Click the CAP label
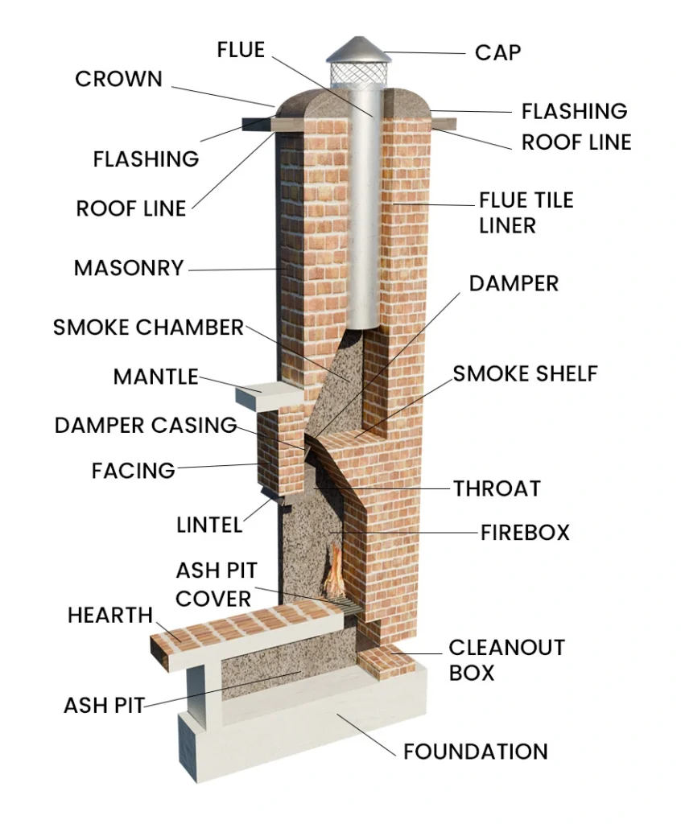[x=497, y=53]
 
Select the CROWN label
[x=118, y=79]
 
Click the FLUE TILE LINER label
[x=526, y=212]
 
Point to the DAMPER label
[x=514, y=283]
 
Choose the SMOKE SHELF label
[x=525, y=373]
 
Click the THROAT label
[x=496, y=488]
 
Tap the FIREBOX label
[x=525, y=532]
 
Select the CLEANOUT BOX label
[x=506, y=660]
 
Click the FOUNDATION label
[x=475, y=752]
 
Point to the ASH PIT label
[x=104, y=706]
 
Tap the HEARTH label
[x=109, y=616]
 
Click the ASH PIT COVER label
[x=216, y=585]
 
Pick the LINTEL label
[x=208, y=525]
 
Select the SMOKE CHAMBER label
[x=148, y=328]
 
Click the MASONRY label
[x=129, y=268]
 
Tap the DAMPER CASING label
[x=146, y=425]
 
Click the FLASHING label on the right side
[x=573, y=111]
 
